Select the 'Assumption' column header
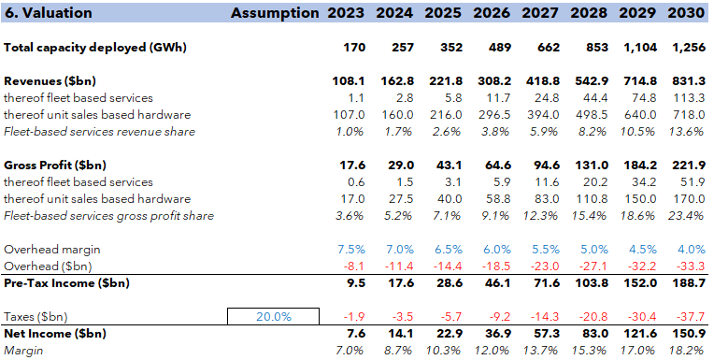(274, 13)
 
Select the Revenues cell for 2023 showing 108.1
(349, 81)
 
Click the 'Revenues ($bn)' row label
(50, 81)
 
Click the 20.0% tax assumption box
(274, 317)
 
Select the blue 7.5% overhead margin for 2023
(351, 250)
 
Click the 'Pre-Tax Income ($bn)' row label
(66, 283)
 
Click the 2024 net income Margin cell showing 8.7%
(398, 351)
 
